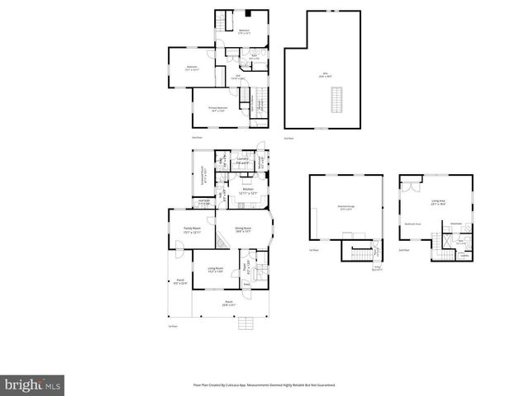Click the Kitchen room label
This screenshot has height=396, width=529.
point(246,191)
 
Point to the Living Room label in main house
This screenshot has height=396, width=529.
point(217,269)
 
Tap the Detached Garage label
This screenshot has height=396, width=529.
point(346,209)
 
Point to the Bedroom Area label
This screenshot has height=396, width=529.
point(412,224)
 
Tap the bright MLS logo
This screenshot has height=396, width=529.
point(32,384)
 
